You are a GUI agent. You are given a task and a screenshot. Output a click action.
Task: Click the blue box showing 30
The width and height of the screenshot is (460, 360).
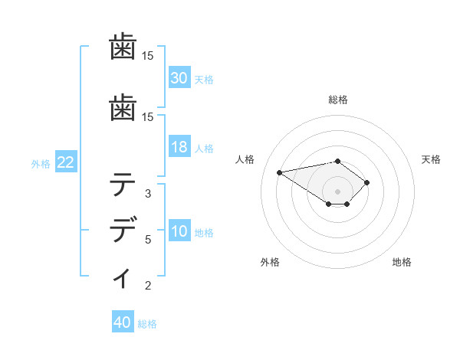click(x=179, y=78)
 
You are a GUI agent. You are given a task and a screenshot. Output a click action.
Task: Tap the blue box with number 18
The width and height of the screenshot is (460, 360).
click(x=179, y=147)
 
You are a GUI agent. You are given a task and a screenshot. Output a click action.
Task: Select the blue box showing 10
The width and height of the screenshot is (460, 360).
click(x=179, y=231)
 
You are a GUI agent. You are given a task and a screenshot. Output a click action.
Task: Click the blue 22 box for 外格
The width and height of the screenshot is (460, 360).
click(x=66, y=162)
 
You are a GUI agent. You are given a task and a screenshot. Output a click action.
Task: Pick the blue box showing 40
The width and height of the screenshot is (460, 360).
click(x=123, y=322)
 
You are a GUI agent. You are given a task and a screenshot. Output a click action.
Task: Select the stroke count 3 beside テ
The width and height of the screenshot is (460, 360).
click(x=148, y=193)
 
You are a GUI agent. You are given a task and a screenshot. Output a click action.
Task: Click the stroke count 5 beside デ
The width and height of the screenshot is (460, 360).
click(x=148, y=240)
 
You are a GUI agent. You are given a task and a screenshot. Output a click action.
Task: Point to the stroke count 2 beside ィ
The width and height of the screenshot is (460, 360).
click(x=148, y=286)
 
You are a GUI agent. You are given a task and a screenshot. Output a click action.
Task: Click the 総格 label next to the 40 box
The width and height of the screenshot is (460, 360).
click(x=147, y=324)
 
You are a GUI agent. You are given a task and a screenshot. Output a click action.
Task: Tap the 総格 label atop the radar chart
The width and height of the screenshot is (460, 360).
click(x=337, y=100)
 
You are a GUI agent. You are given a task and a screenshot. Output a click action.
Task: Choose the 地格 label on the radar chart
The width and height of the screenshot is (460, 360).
click(x=402, y=262)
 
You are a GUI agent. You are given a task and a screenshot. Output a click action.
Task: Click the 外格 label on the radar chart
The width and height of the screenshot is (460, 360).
click(x=270, y=262)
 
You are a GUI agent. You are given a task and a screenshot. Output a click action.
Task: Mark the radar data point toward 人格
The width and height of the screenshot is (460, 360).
click(x=280, y=172)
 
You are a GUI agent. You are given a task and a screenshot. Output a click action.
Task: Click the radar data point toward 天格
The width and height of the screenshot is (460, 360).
click(x=367, y=182)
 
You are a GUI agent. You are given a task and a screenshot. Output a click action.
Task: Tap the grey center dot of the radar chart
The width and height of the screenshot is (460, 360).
click(x=337, y=191)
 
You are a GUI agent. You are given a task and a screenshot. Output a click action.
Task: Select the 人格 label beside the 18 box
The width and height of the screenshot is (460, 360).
click(x=204, y=149)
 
